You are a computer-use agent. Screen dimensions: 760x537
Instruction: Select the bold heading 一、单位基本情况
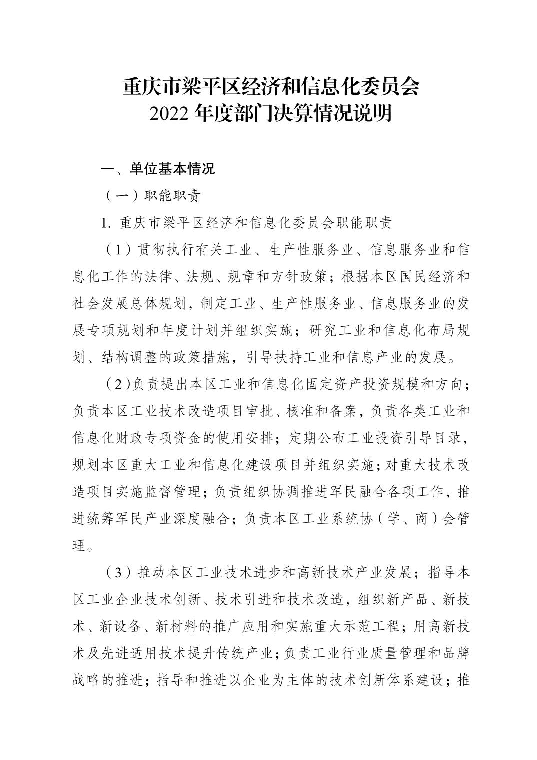point(158,169)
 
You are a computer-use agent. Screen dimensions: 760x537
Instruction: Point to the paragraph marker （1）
point(116,250)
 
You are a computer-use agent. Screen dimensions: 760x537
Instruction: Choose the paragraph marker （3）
point(116,573)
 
